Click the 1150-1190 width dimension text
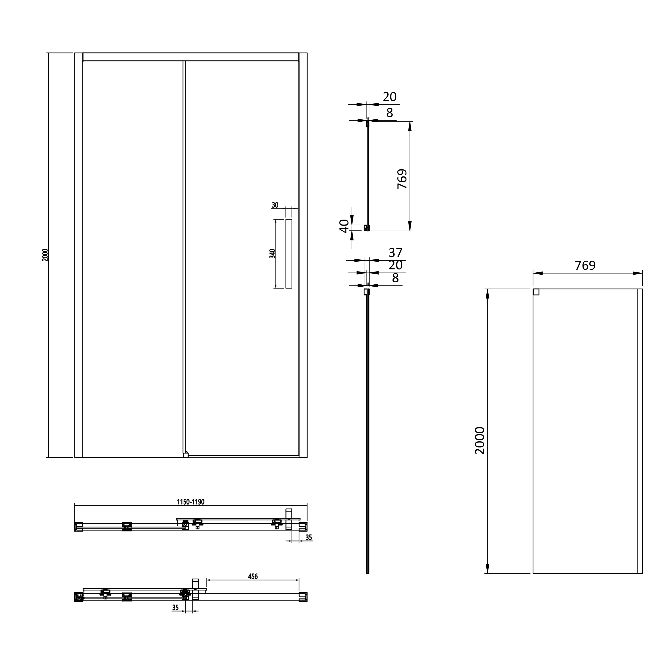(x=191, y=502)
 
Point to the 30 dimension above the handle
(x=275, y=205)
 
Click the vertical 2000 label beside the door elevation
(x=45, y=255)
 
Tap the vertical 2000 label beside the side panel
(x=480, y=440)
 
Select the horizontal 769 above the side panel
(x=585, y=266)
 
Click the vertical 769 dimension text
(x=402, y=178)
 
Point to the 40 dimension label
(x=344, y=226)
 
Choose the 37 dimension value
(x=395, y=253)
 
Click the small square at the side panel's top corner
(x=536, y=292)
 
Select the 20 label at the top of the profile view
(x=390, y=97)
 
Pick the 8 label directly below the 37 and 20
(x=395, y=278)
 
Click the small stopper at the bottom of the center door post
(x=185, y=455)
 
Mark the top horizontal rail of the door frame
(x=191, y=57)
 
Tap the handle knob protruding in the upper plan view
(x=289, y=513)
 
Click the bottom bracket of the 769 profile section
(x=367, y=228)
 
